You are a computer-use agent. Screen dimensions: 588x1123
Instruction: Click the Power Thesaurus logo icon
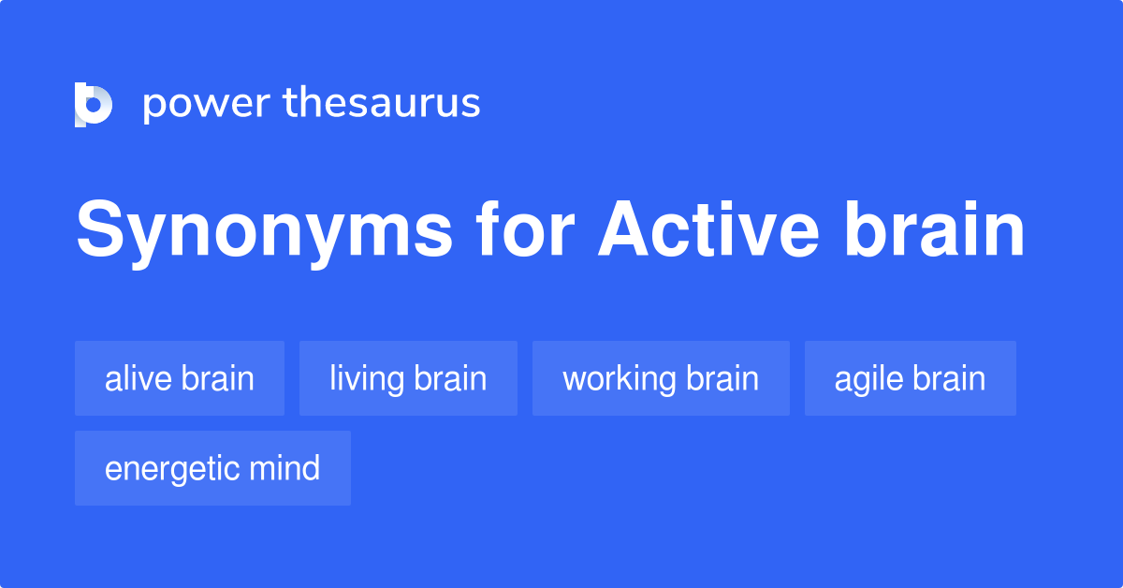coord(94,104)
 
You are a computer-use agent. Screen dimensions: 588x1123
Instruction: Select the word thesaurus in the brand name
coord(382,103)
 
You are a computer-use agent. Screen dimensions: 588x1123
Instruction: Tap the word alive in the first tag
coord(138,379)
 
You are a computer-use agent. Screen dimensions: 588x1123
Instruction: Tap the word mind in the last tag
coord(287,468)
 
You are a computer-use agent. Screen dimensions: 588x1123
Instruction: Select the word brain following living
coord(450,379)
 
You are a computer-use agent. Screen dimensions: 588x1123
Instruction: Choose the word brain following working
coord(722,379)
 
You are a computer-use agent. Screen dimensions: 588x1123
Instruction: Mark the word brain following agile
coord(948,379)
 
